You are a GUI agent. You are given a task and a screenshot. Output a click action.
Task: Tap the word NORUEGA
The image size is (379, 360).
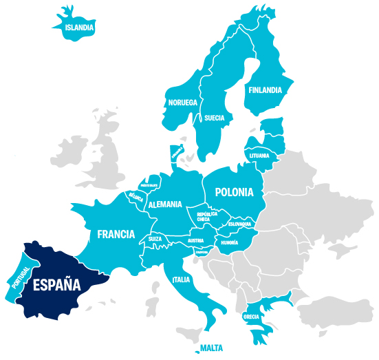click(183, 103)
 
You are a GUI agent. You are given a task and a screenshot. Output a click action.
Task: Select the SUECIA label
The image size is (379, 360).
click(214, 118)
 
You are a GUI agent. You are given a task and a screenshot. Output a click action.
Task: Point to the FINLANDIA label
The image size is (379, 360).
click(265, 89)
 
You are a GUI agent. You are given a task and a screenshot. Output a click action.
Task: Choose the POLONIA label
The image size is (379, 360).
click(234, 192)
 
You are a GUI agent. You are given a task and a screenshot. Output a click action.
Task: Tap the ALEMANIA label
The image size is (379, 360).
click(165, 204)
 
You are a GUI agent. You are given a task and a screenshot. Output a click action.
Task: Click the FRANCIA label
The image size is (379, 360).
click(116, 234)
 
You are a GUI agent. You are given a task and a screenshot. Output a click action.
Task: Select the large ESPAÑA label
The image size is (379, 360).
click(54, 285)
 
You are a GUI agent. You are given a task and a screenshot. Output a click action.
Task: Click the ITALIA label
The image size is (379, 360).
click(181, 280)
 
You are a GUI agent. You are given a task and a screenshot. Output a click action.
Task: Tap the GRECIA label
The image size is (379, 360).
click(251, 317)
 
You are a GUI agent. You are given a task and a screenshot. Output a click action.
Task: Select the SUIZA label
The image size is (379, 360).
click(154, 240)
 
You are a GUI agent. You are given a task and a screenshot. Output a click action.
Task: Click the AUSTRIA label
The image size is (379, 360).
click(196, 240)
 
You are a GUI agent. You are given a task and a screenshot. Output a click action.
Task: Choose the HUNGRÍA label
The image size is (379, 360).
click(229, 243)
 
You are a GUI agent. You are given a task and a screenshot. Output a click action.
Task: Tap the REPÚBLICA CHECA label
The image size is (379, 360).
click(208, 217)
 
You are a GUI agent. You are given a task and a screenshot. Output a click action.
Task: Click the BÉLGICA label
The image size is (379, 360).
click(136, 197)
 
